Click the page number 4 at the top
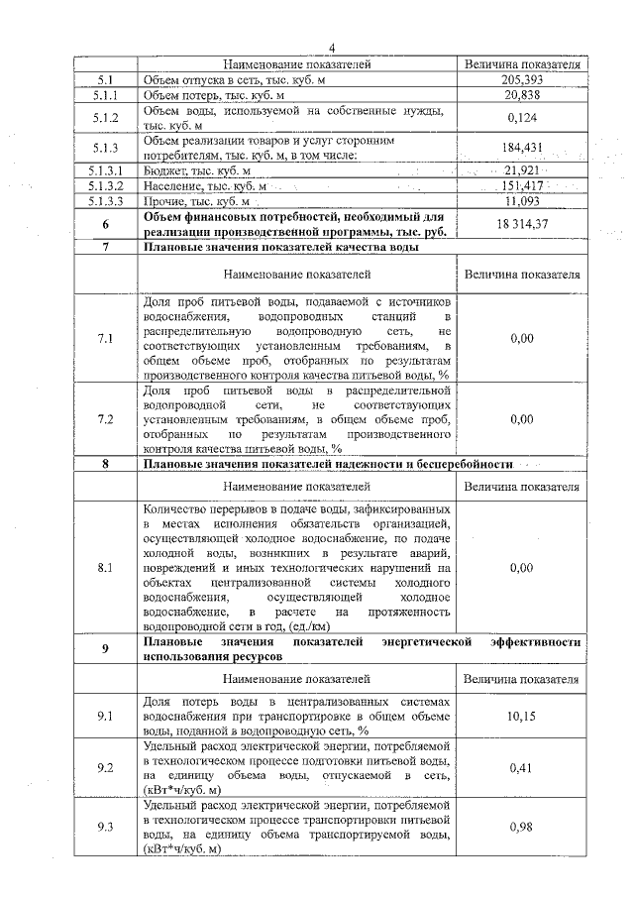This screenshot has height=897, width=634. point(332,48)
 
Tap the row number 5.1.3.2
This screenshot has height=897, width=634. point(105,185)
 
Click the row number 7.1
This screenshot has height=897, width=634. point(105,339)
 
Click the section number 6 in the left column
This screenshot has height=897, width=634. point(105,224)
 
